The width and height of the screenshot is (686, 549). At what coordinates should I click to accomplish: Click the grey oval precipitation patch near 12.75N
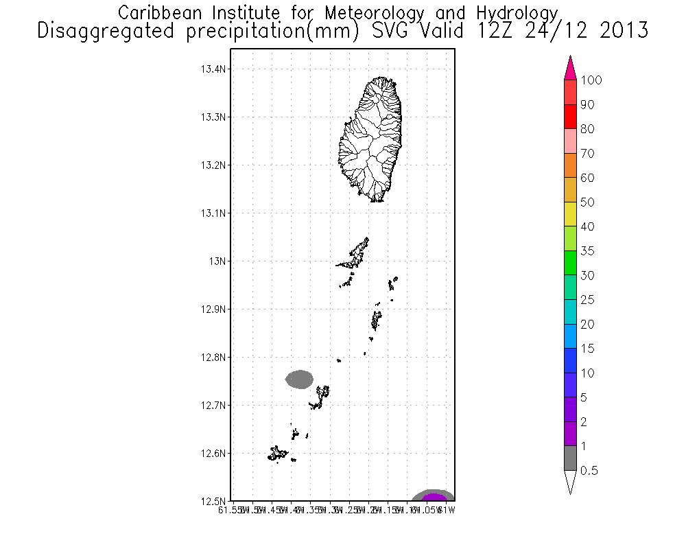pyautogui.click(x=299, y=379)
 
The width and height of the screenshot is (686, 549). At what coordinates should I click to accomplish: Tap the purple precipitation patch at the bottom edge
pyautogui.click(x=434, y=498)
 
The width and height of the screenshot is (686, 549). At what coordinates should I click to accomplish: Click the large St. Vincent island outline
pyautogui.click(x=370, y=137)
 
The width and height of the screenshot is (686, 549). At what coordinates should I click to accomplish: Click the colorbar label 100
pyautogui.click(x=591, y=80)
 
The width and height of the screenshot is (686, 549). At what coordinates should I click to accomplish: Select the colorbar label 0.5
pyautogui.click(x=589, y=471)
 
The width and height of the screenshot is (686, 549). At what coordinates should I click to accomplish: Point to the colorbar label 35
pyautogui.click(x=587, y=251)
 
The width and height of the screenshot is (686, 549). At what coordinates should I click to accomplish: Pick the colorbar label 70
pyautogui.click(x=587, y=154)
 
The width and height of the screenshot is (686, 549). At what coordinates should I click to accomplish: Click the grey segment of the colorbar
pyautogui.click(x=570, y=458)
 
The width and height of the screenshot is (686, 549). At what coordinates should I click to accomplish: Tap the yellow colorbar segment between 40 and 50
pyautogui.click(x=570, y=214)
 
